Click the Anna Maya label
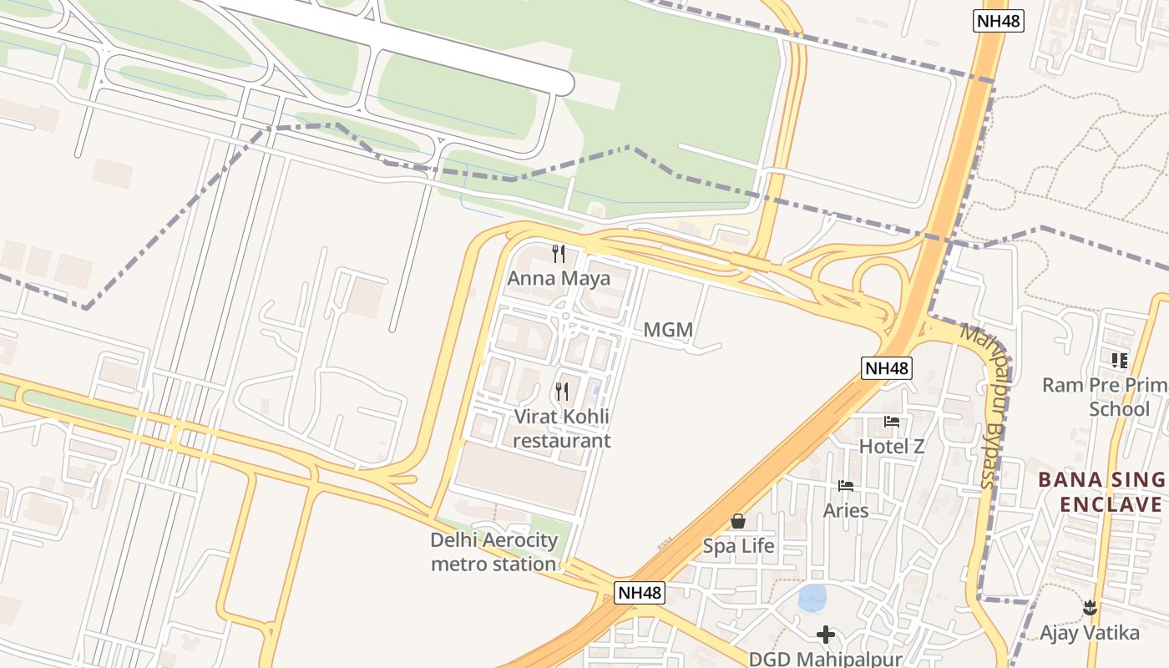(x=559, y=278)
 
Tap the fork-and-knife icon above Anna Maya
(x=559, y=253)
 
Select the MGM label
(x=668, y=330)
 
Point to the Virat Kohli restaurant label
(x=561, y=428)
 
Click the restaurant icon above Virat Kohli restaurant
(x=562, y=391)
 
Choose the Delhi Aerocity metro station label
(x=493, y=552)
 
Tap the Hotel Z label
(x=892, y=447)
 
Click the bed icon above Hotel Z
(x=892, y=422)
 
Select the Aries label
(x=846, y=510)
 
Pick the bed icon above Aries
(x=846, y=486)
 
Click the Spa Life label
(x=738, y=546)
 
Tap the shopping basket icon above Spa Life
(x=738, y=521)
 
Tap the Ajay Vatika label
(x=1089, y=633)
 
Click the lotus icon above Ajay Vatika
(x=1089, y=607)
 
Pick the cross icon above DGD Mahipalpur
(x=826, y=635)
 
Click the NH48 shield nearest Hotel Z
(x=887, y=367)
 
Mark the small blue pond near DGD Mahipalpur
(x=812, y=597)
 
